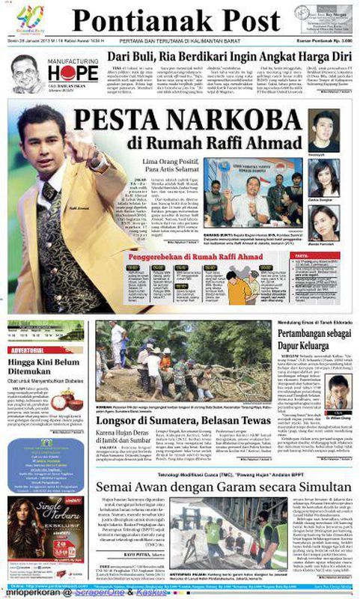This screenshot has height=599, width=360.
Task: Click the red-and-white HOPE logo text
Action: coord(73,73)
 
